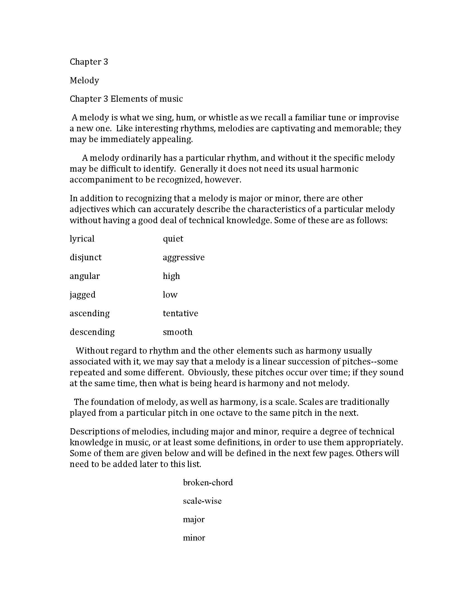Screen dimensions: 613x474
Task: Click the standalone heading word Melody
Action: click(84, 81)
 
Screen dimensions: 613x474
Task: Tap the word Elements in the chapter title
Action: click(130, 99)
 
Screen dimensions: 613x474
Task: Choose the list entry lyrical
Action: click(82, 239)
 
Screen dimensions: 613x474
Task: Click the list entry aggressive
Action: click(184, 258)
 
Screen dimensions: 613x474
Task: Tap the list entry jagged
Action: click(83, 295)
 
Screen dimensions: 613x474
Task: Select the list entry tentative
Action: click(180, 313)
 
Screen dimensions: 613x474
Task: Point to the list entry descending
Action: click(92, 332)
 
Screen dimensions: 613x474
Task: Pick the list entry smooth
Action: click(177, 332)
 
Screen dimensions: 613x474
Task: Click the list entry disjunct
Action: click(85, 257)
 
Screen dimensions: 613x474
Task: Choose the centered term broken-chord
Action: click(208, 483)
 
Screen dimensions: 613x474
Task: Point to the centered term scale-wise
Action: click(202, 501)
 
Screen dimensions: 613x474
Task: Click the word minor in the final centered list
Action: click(194, 538)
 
